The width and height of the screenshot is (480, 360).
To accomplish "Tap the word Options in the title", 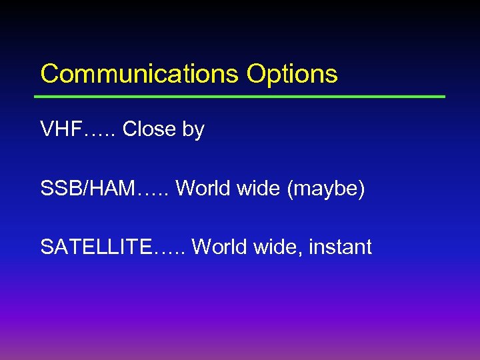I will [x=291, y=74].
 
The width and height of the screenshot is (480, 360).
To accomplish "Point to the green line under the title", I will [x=240, y=97].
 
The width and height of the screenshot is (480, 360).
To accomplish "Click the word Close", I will [x=149, y=129].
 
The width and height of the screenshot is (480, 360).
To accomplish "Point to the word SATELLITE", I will [x=96, y=247].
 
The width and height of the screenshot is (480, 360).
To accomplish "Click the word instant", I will [x=341, y=247].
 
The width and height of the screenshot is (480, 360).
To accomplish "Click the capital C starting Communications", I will [x=48, y=74].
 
